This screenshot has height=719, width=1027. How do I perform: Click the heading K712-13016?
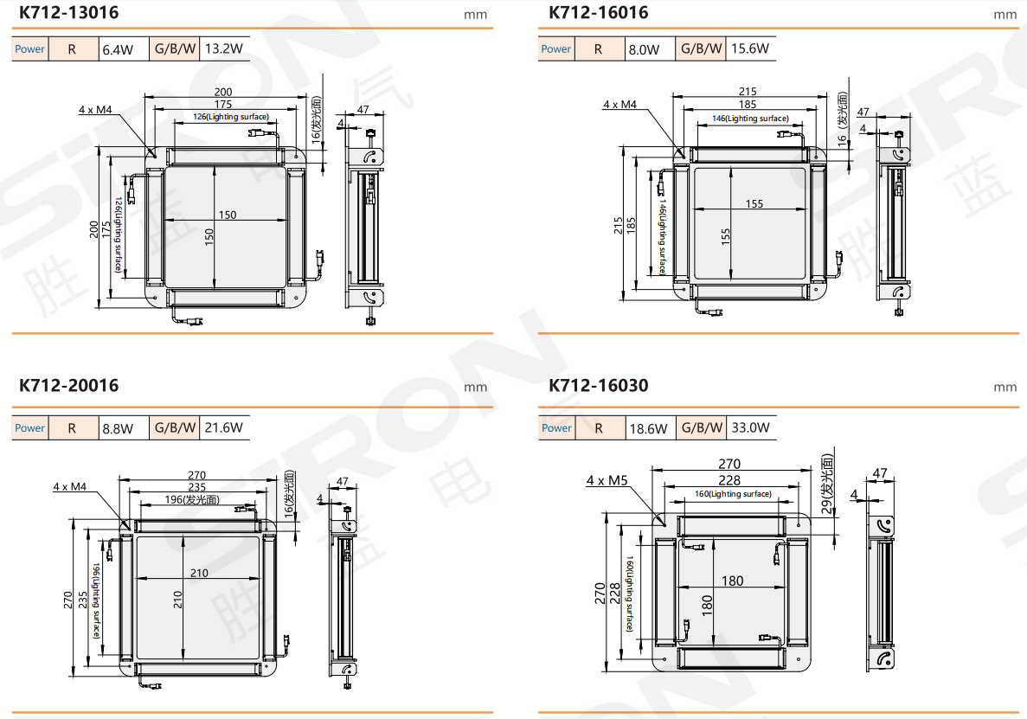click(68, 12)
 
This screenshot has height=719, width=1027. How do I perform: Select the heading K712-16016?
click(599, 12)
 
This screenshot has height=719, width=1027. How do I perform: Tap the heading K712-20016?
click(68, 385)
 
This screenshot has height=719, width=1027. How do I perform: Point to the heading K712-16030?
click(599, 385)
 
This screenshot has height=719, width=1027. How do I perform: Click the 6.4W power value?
click(118, 50)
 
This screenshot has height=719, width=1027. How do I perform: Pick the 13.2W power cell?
click(224, 49)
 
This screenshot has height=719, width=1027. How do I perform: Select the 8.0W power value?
click(645, 50)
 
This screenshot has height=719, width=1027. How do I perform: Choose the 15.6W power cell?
click(751, 49)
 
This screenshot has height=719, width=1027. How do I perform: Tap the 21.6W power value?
click(224, 428)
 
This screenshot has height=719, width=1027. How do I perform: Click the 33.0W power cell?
click(751, 428)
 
